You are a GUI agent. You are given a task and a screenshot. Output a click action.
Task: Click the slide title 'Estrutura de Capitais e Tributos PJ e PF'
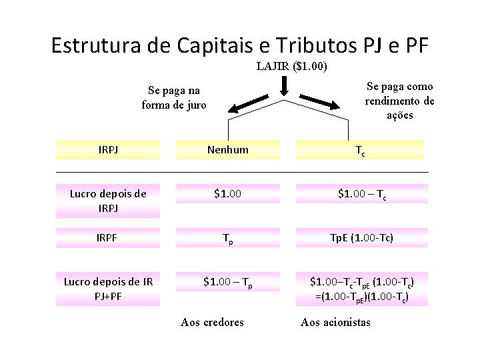(240, 45)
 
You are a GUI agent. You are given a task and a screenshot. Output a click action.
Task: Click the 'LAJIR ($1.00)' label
(291, 67)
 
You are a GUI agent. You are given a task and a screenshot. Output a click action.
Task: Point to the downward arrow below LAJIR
(285, 87)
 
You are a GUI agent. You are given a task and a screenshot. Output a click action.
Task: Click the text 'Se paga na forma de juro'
(174, 98)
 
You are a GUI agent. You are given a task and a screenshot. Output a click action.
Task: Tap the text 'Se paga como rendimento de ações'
(399, 101)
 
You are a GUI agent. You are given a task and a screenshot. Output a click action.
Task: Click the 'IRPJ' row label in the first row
(107, 150)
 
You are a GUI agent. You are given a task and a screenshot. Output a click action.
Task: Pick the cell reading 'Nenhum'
(227, 150)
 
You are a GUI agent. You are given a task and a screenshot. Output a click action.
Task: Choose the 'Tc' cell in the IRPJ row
(360, 151)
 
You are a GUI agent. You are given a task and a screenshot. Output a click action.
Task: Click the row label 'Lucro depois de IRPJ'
(107, 200)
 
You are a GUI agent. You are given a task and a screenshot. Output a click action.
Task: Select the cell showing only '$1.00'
(227, 194)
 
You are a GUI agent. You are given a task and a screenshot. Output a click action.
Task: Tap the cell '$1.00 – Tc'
(360, 194)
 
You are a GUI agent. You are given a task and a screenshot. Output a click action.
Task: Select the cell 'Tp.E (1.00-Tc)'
(360, 238)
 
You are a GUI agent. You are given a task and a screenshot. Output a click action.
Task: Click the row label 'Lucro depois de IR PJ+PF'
(107, 288)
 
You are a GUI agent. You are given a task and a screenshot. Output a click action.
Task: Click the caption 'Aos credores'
(212, 323)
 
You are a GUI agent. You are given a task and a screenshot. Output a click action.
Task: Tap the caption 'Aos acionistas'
(335, 323)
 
